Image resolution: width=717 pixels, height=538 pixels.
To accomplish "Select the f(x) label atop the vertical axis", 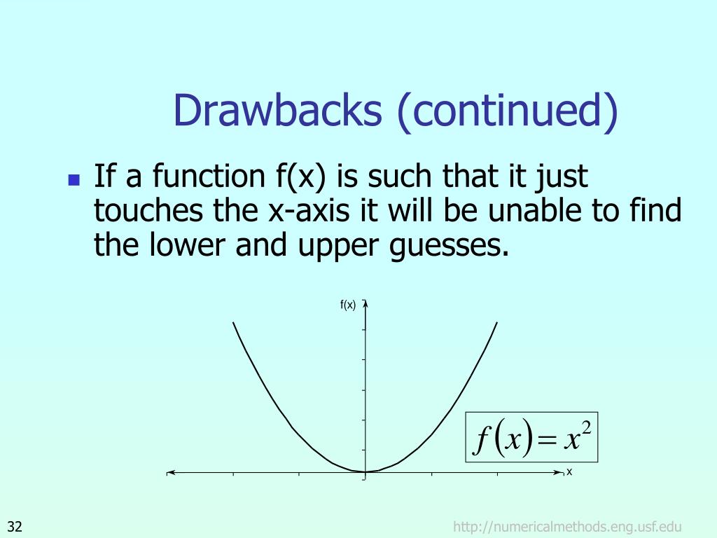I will point(348,304).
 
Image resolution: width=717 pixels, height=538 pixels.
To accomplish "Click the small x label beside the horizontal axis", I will point(569,471).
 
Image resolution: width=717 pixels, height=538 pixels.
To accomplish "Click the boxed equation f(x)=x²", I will point(531,437).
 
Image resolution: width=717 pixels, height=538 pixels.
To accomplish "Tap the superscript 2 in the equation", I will point(586,428).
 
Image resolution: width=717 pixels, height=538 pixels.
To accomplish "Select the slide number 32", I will point(15,527).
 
